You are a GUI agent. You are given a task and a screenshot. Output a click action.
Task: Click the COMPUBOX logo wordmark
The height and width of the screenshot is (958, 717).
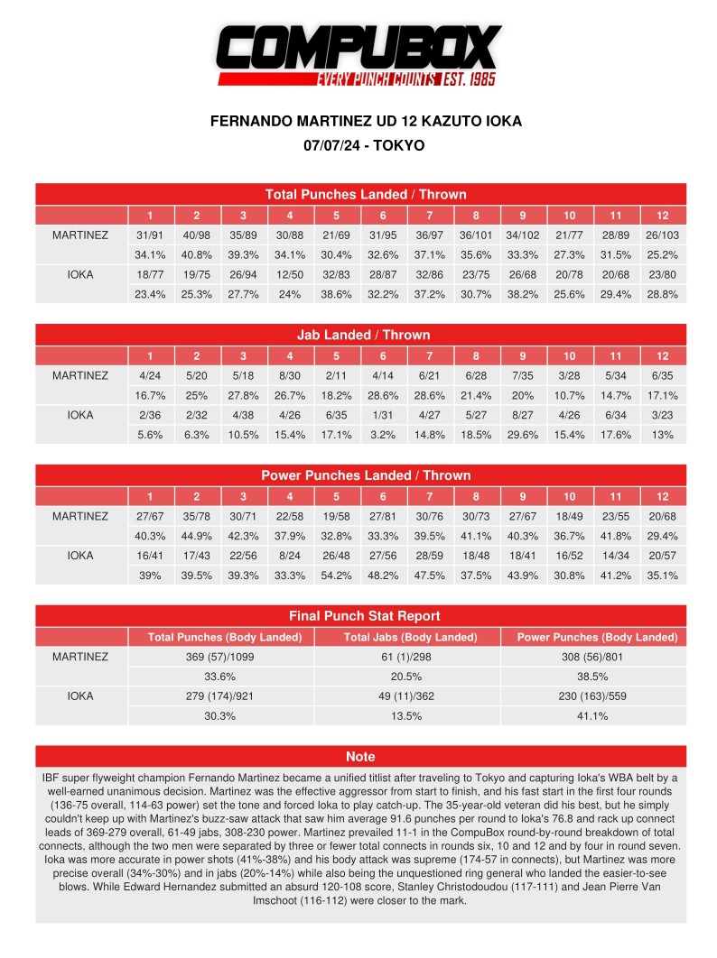click(359, 47)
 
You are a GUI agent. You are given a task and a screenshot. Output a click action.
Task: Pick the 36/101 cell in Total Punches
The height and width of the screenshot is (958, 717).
click(477, 235)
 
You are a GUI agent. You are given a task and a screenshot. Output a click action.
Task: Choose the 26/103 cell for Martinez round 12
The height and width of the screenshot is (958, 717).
click(663, 235)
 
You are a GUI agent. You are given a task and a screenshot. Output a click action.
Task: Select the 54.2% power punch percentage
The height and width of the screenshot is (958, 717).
click(337, 576)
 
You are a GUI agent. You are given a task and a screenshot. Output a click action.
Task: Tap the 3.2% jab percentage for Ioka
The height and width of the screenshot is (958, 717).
click(384, 435)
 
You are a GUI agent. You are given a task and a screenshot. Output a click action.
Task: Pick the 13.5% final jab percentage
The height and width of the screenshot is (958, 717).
click(406, 716)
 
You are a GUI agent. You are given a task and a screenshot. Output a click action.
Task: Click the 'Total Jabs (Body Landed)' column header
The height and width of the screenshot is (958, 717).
click(406, 637)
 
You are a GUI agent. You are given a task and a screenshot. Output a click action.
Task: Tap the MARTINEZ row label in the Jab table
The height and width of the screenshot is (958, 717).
click(79, 375)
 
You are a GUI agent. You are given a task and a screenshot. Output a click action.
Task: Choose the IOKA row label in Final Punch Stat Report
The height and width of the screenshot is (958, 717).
click(79, 696)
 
